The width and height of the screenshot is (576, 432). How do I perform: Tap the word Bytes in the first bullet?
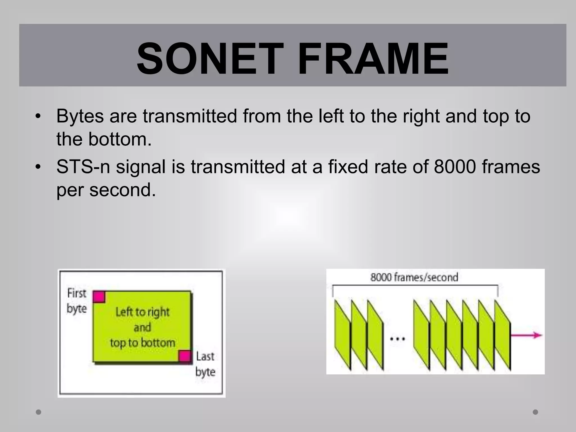[80, 116]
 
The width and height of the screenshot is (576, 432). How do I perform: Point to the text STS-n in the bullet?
[83, 167]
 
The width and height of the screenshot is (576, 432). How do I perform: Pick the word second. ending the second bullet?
[122, 190]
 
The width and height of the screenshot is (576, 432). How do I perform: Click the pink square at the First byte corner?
[99, 297]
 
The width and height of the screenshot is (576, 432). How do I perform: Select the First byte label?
[76, 301]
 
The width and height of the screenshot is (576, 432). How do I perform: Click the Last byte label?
[205, 364]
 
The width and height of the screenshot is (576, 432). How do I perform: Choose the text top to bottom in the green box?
[143, 343]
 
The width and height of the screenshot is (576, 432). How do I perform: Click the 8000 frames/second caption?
[414, 277]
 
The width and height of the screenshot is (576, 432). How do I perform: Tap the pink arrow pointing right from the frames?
[526, 335]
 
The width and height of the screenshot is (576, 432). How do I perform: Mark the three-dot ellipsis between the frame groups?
[397, 339]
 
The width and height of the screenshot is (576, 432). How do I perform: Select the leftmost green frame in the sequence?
[343, 335]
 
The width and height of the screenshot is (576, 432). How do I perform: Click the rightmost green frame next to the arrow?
[503, 335]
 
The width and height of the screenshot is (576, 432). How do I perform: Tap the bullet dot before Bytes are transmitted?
[39, 116]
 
